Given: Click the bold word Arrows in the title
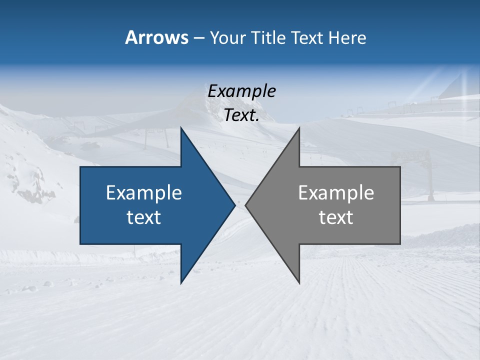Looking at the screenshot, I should (x=156, y=37).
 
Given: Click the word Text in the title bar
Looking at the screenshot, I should (x=308, y=37).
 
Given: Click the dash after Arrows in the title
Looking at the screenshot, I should (x=198, y=38).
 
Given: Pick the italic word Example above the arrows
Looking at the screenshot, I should (x=242, y=91).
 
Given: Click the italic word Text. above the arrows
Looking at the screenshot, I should (x=242, y=115).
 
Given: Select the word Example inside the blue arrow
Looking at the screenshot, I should (x=144, y=193).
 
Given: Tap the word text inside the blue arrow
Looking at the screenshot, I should (x=144, y=217).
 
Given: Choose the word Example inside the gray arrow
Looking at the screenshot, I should (x=336, y=193).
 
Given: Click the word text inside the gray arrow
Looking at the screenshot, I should (x=336, y=217).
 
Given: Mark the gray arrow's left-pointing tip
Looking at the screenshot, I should (x=246, y=205).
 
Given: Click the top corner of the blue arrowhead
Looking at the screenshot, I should (x=181, y=128).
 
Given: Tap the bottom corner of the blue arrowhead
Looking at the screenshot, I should (x=181, y=282).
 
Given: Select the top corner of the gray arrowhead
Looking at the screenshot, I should (x=299, y=128).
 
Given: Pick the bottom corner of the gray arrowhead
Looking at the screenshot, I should (x=299, y=282).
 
